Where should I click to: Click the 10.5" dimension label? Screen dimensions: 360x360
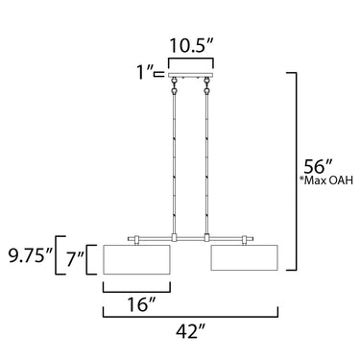191,46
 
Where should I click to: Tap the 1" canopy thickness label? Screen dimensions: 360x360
145,72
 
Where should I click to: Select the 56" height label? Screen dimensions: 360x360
319,166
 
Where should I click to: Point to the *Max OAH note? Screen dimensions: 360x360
326,180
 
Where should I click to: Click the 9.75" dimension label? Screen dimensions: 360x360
30,256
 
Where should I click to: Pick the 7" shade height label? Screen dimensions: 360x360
75,259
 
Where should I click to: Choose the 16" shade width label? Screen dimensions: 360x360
141,304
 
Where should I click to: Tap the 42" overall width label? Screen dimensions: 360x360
190,331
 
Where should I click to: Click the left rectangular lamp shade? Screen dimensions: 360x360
136,259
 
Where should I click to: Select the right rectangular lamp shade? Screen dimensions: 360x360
245,257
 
